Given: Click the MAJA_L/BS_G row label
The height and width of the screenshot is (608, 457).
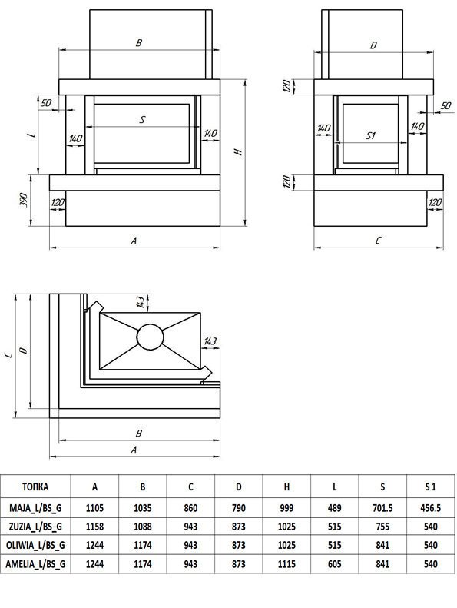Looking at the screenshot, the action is tap(35, 507).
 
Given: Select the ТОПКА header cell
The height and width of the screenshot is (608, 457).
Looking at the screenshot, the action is tap(35, 487).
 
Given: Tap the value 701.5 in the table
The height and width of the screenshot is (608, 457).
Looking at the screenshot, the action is tap(382, 507).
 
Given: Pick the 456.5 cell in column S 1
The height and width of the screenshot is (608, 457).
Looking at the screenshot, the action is tap(430, 507).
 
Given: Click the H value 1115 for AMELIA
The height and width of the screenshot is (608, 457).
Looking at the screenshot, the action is tap(286, 563).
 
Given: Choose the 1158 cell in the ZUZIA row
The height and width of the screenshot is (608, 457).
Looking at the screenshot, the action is tap(94, 527).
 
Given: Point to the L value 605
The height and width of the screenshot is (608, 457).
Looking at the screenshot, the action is tap(334, 563).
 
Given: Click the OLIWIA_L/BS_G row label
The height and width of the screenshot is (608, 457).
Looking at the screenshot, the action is tap(35, 545).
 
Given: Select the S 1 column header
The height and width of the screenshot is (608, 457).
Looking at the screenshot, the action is tap(430, 487).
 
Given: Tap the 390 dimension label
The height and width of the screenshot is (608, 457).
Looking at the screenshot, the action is tap(23, 200).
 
